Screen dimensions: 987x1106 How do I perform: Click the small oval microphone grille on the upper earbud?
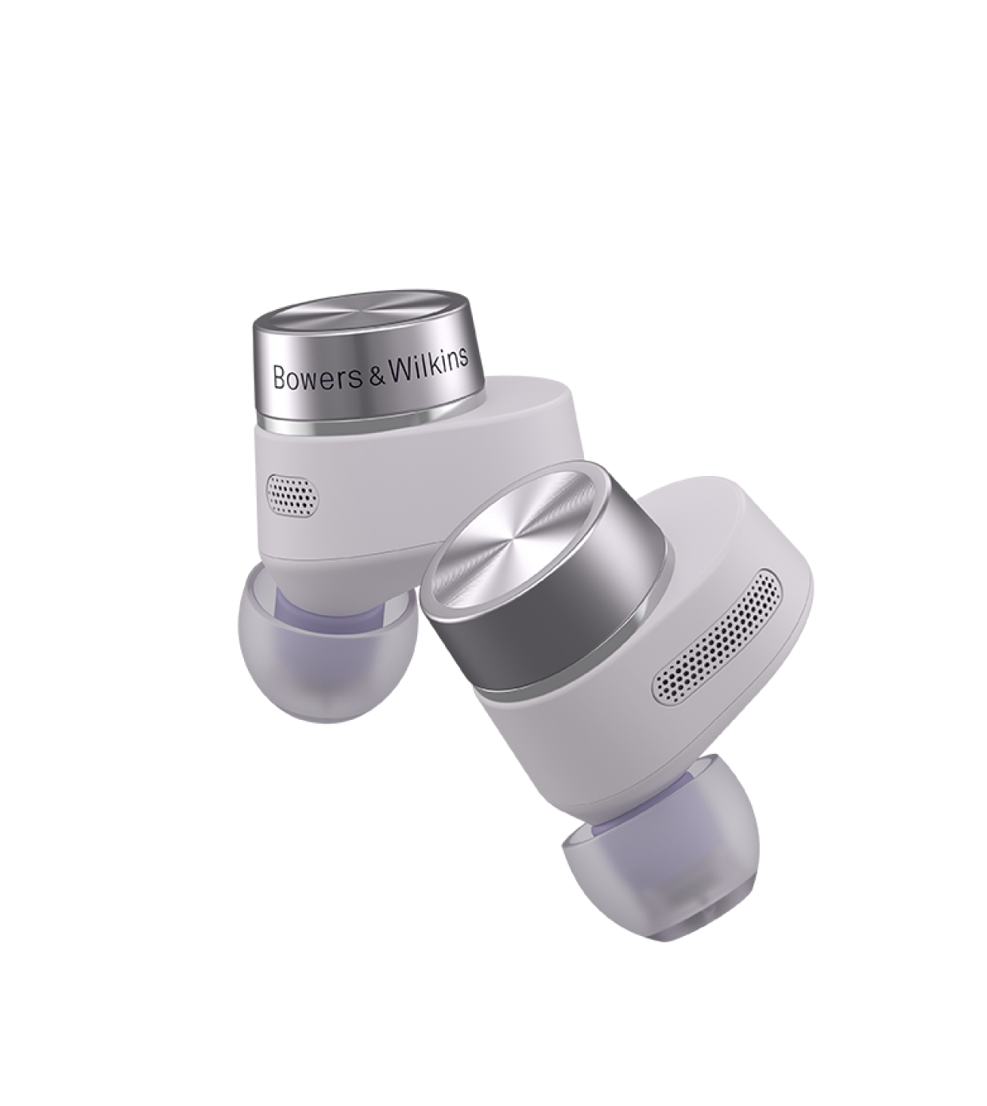click(292, 493)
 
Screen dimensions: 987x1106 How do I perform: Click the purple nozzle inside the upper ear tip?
click(327, 601)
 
